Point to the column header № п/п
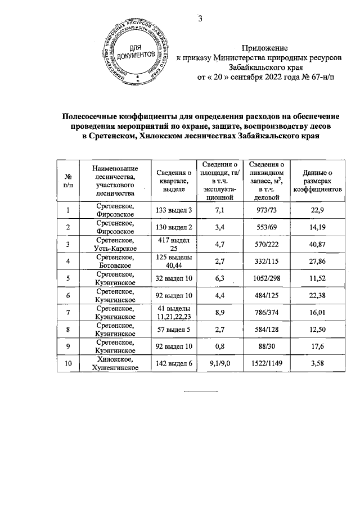68,180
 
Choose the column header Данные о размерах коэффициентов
317,180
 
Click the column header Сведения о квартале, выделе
174,180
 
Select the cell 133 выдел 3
174,210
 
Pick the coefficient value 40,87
317,244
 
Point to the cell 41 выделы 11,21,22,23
174,313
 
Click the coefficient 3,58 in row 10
317,364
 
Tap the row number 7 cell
68,313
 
